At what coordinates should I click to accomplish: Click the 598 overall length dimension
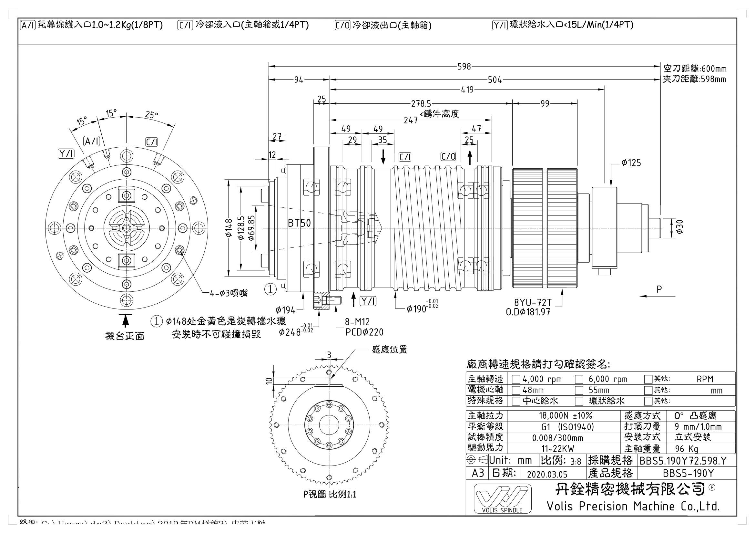(x=464, y=67)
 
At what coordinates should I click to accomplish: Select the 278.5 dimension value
(x=421, y=104)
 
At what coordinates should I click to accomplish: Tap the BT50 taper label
(x=299, y=223)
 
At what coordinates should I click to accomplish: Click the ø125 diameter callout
(x=631, y=163)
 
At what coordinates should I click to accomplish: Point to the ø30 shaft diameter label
(x=680, y=227)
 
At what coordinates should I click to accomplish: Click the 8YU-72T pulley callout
(x=533, y=302)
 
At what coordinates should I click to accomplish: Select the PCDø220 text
(x=364, y=332)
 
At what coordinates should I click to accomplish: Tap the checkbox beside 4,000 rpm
(x=516, y=379)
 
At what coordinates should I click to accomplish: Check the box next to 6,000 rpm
(x=579, y=379)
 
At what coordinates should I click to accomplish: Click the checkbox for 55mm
(x=579, y=390)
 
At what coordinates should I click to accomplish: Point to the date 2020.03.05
(x=547, y=474)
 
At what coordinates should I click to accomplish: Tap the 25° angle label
(x=152, y=114)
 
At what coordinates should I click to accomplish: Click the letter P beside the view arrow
(x=659, y=289)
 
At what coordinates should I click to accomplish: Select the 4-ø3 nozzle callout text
(x=229, y=293)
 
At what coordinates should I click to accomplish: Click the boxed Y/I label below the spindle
(x=368, y=301)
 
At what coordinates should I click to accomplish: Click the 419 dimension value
(x=467, y=89)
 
